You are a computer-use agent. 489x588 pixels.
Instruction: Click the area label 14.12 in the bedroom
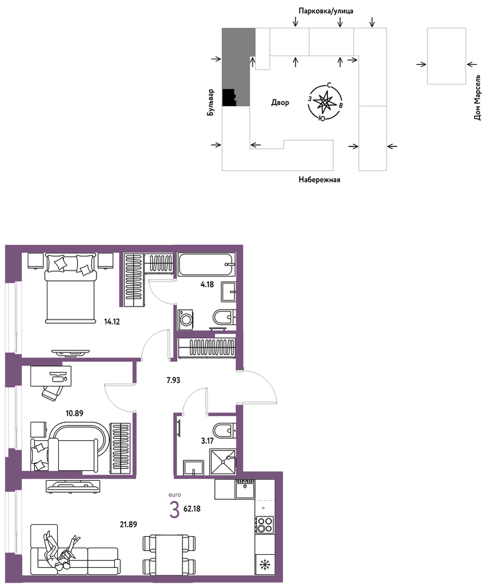pos(112,322)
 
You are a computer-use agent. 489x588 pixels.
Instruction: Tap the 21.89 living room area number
pos(129,525)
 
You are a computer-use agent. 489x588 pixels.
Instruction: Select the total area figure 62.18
pos(192,509)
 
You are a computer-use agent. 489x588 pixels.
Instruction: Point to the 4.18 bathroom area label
pos(207,284)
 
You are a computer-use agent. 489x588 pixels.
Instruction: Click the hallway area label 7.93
pos(174,380)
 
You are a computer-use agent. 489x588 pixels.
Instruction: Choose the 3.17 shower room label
pos(207,441)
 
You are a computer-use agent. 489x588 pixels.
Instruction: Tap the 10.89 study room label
pos(75,413)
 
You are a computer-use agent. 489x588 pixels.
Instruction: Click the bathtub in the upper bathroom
pos(206,265)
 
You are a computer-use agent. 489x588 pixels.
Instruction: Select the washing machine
pos(185,319)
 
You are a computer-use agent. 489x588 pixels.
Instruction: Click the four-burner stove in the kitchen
pos(265,525)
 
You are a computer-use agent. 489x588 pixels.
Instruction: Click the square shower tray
pos(223,462)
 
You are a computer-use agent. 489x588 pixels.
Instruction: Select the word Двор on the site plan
pos(280,102)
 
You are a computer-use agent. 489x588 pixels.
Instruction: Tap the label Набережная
pos(319,180)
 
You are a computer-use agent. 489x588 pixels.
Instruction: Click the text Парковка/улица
pos(326,11)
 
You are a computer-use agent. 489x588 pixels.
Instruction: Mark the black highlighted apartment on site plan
pos(229,98)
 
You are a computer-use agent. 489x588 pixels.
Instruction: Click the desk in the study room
pos(51,376)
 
